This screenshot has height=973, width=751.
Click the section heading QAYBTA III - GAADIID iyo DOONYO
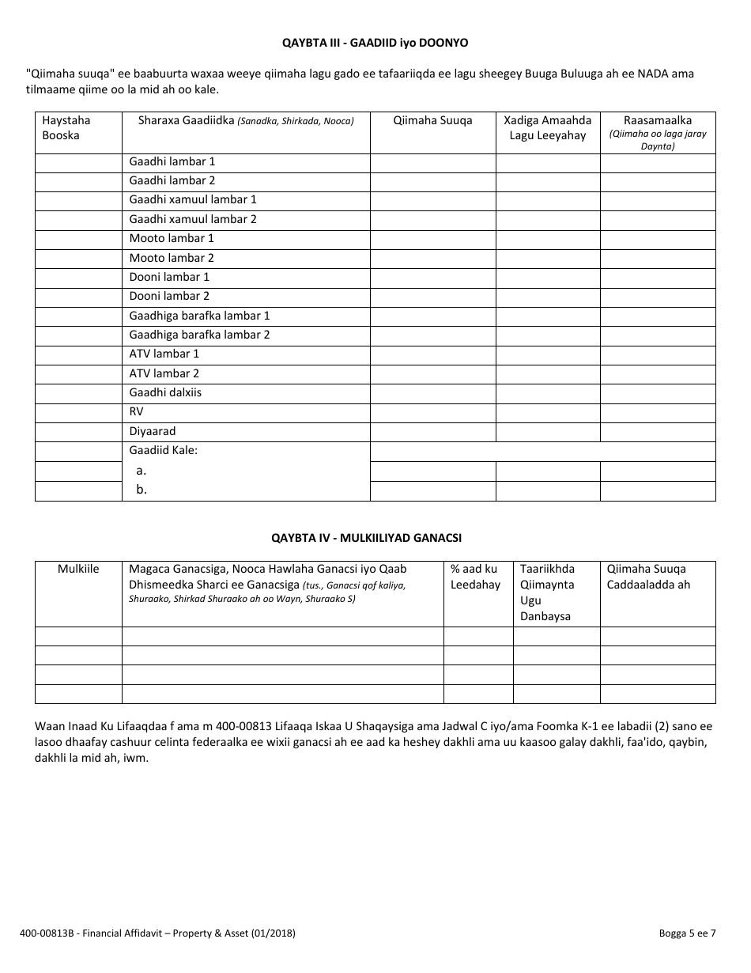coord(375,42)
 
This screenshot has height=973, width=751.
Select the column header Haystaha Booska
coord(66,127)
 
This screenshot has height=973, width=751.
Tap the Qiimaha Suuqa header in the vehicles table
coord(432,120)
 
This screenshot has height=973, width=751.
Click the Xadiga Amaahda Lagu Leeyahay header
coord(547,127)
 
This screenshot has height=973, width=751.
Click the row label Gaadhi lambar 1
coord(172,161)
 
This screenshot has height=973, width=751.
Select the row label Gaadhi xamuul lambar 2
coord(193,219)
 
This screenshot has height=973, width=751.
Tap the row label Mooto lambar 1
coord(172,238)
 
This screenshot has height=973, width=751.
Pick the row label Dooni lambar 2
coord(169,296)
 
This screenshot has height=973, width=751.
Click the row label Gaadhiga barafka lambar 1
coord(199,316)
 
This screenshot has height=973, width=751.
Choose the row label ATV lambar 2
coord(164,373)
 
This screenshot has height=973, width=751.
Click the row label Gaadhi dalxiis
coord(165,392)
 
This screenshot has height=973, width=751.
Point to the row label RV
coord(137,411)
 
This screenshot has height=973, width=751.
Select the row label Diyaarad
coord(153,431)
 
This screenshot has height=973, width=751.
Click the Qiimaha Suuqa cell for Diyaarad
coord(432,431)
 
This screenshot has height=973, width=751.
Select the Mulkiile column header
coord(78,569)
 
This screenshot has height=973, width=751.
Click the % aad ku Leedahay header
coord(475,577)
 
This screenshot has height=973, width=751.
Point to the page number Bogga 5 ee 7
coord(687,933)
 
